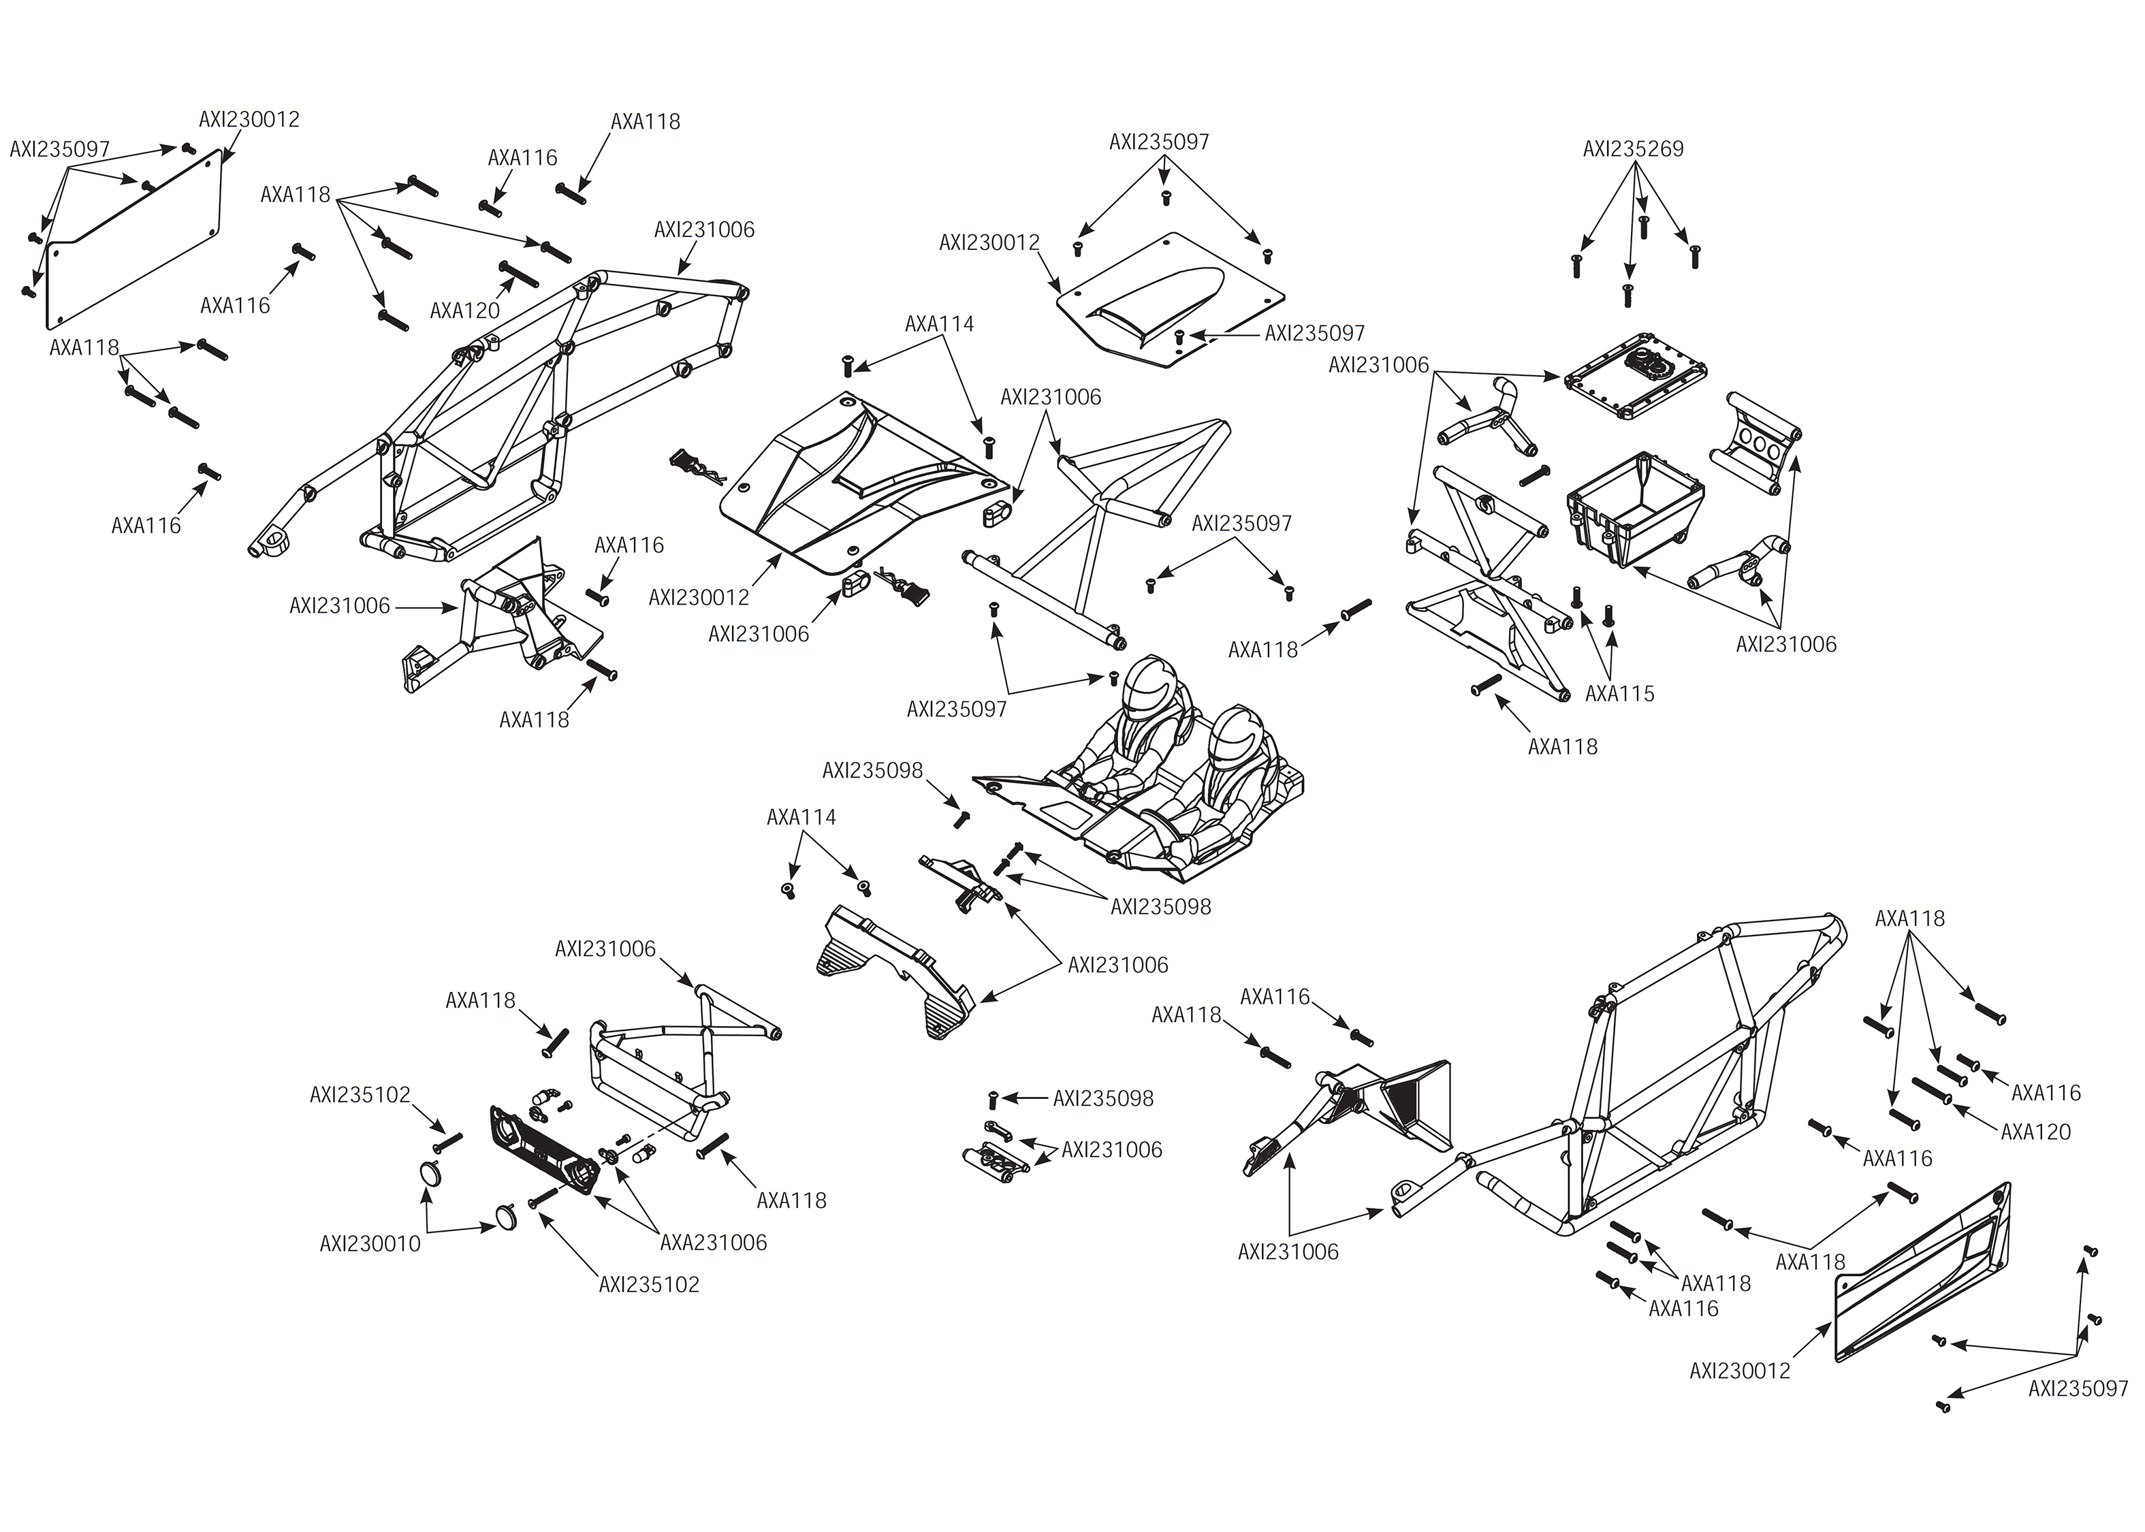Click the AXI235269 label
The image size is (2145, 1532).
(1632, 149)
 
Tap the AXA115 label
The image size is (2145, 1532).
(1619, 693)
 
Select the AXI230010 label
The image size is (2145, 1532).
(370, 1243)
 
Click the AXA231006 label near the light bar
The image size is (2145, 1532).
(713, 1243)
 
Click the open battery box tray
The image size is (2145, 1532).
(1635, 509)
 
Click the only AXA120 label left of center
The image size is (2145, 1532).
(464, 310)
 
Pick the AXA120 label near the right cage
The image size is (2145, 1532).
(2035, 1131)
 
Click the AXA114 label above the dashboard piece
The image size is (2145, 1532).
(801, 817)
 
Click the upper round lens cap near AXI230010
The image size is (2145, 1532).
(430, 1175)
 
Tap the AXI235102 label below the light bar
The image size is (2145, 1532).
(648, 1284)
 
